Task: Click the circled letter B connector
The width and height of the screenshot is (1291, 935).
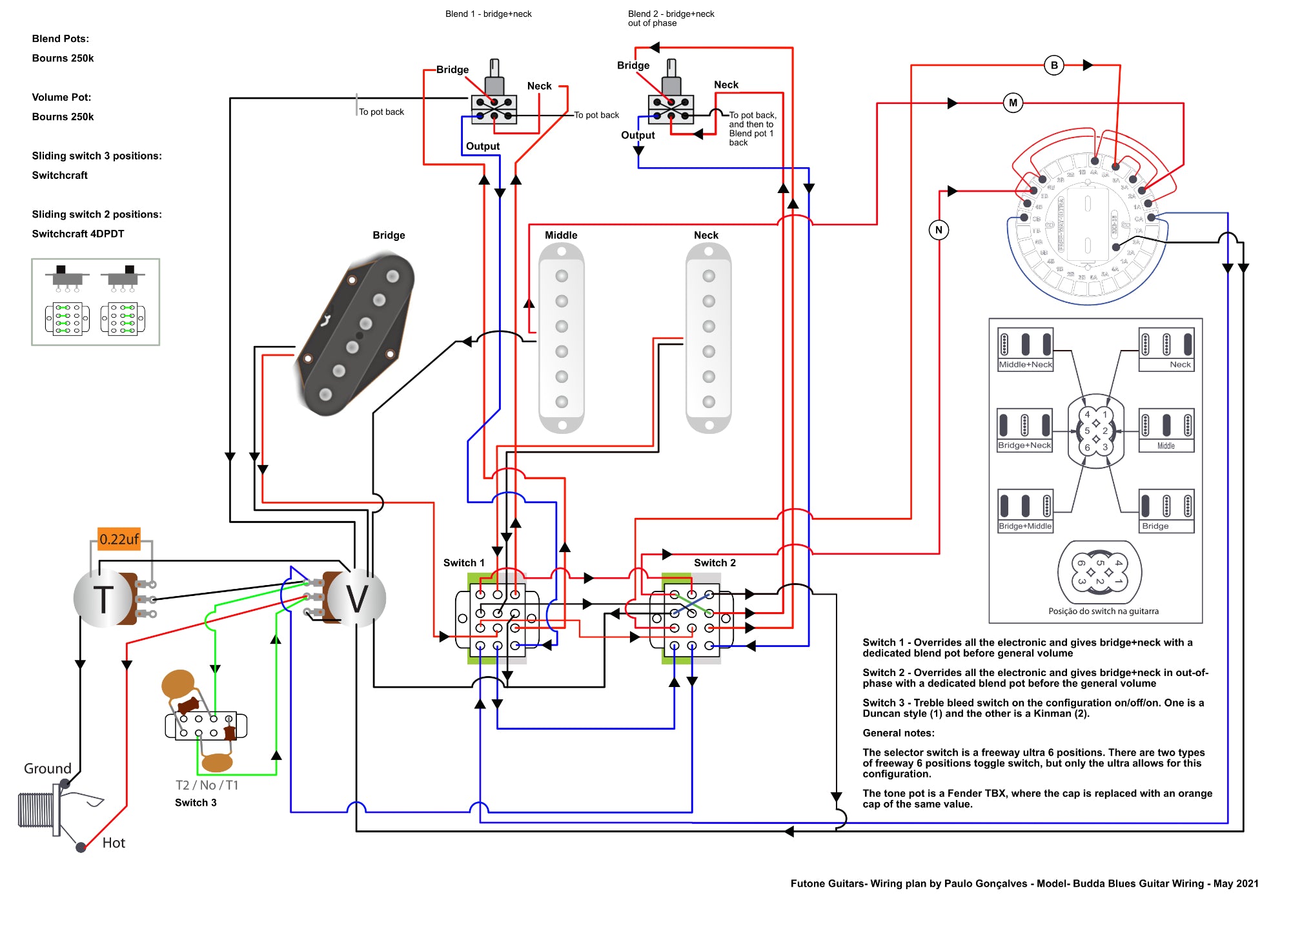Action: (1054, 65)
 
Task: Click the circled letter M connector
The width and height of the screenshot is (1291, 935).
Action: (1013, 103)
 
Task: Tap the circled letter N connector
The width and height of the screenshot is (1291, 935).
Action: (939, 230)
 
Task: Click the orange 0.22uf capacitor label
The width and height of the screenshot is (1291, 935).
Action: (119, 539)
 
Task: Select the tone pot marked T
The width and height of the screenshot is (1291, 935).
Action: (103, 599)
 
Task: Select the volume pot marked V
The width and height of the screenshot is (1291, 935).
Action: (357, 599)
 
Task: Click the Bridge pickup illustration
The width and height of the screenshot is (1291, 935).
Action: (355, 334)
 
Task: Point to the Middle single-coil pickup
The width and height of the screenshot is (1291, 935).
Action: (562, 338)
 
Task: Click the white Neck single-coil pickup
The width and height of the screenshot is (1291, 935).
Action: (708, 338)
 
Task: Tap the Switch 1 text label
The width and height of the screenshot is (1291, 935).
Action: (463, 563)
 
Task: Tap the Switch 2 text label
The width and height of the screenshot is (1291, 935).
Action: (715, 563)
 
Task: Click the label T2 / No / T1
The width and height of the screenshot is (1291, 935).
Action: (207, 785)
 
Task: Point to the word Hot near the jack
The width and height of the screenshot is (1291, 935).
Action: (114, 843)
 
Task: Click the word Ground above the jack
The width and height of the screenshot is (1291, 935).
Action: (48, 768)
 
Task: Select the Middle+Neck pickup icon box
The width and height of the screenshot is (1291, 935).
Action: (1025, 349)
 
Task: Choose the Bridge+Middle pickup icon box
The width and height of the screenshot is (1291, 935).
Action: (1025, 511)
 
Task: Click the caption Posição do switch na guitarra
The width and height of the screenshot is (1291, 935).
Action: (1103, 611)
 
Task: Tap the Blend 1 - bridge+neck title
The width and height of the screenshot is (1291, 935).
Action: (488, 14)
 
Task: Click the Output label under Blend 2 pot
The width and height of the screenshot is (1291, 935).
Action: (638, 135)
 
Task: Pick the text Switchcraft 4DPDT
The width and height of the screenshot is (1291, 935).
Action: (78, 234)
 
